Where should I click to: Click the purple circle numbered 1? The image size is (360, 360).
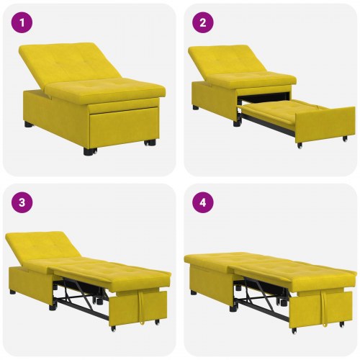[24, 23]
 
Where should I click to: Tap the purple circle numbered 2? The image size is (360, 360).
[203, 23]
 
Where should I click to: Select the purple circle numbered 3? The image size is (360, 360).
[24, 203]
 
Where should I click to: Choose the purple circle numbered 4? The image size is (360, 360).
[203, 203]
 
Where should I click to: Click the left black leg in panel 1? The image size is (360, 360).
[29, 124]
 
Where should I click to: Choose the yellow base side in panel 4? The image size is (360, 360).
[209, 277]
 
